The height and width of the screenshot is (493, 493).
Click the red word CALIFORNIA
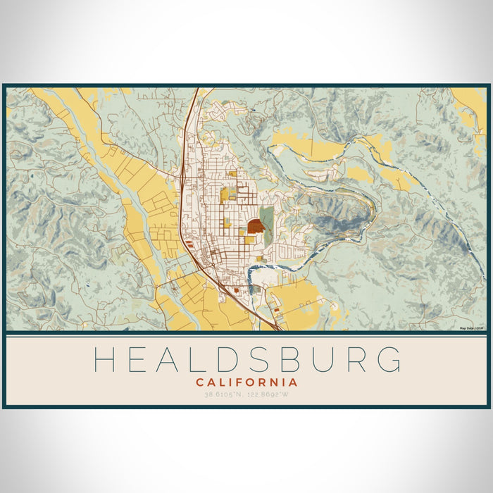246,382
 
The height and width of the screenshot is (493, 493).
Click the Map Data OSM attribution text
472,328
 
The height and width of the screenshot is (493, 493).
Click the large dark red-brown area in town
256,227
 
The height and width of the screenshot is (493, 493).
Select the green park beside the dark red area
267,215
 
